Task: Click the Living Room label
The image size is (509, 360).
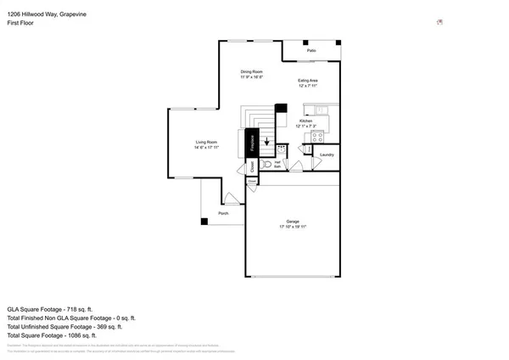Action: pos(207,142)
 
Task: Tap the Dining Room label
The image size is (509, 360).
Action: pos(251,71)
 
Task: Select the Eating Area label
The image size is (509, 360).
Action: pos(307,80)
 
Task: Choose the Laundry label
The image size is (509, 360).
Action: pos(327,155)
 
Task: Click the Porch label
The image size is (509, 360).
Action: pos(223,213)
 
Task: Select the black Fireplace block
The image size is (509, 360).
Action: pos(251,143)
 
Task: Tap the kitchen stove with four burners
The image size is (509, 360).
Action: pos(318,137)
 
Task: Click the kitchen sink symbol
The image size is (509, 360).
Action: pos(321,110)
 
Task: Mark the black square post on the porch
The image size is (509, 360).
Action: pos(204,222)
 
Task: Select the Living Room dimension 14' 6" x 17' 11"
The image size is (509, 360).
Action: pos(207,148)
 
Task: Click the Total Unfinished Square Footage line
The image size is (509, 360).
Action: pos(64,327)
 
